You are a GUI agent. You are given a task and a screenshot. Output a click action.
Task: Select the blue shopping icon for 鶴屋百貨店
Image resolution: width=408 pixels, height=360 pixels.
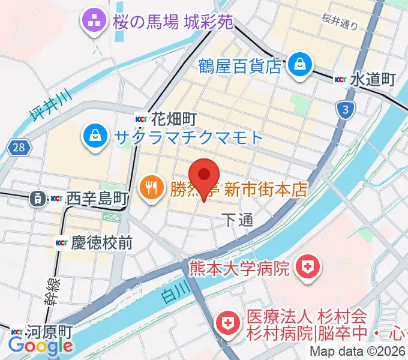(x=298, y=64)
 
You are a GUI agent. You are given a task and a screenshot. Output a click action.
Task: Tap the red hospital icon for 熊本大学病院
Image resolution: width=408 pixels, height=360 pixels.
(x=308, y=265)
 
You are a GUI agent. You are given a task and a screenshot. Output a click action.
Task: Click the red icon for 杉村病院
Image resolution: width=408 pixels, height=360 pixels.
(x=228, y=323)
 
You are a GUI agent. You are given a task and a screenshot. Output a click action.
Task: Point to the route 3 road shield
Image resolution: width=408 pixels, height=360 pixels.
(x=345, y=110)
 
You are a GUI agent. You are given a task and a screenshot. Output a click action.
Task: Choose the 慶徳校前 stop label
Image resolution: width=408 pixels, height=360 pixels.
(x=101, y=242)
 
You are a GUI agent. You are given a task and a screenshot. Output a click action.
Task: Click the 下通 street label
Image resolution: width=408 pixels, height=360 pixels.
(x=238, y=220)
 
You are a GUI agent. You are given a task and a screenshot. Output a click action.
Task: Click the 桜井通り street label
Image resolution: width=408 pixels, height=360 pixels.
(x=340, y=22)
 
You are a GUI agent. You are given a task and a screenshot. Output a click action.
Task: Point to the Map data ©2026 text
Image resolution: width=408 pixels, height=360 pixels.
(x=358, y=352)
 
